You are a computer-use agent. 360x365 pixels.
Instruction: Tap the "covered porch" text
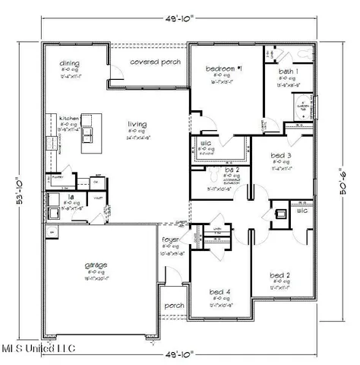pos(155,62)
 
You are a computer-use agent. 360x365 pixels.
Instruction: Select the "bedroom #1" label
pos(223,69)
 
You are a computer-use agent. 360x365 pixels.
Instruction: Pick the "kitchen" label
pos(71,119)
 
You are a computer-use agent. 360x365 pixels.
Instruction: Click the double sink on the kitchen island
pos(89,133)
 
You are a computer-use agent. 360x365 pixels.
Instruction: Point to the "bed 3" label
pos(281,155)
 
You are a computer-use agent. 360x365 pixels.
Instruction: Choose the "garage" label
pos(96,265)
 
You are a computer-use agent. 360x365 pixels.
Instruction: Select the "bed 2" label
pos(280,275)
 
